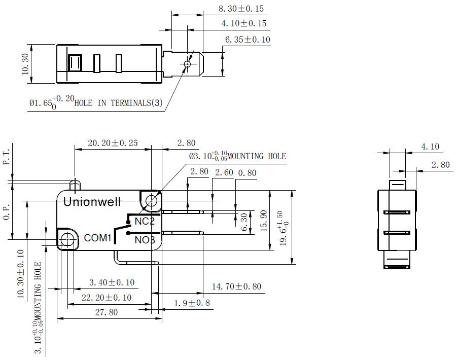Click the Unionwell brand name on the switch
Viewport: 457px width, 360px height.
92,202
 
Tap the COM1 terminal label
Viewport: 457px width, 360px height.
97,238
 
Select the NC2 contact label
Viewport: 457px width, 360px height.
145,222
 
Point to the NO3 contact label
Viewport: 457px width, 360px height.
145,240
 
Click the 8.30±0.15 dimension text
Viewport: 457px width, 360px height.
241,9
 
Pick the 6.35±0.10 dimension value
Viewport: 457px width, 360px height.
248,40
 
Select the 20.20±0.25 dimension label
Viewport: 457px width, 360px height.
113,143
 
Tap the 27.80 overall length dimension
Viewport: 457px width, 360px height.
107,312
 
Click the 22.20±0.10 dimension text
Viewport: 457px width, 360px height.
107,297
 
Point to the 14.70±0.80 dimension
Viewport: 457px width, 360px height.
236,286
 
